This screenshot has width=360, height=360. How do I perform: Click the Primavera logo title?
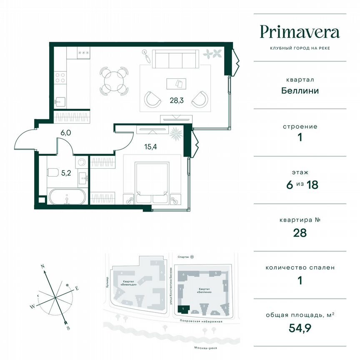[x=300, y=32]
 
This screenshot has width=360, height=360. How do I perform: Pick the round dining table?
[x=113, y=80]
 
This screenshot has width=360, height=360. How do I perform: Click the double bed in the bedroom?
[x=152, y=179]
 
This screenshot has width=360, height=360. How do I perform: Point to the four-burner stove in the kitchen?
[x=60, y=78]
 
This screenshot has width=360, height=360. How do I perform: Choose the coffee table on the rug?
[x=175, y=83]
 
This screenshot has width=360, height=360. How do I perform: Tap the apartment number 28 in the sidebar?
[x=300, y=233]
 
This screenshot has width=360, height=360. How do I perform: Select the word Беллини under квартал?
[x=300, y=90]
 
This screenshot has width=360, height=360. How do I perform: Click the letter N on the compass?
[x=42, y=265]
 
